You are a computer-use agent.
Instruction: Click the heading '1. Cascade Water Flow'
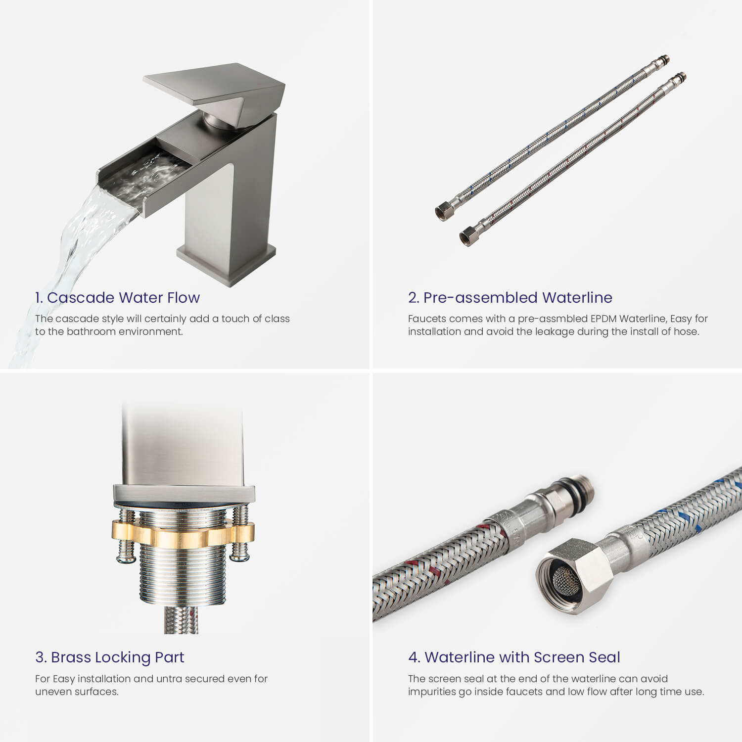(117, 297)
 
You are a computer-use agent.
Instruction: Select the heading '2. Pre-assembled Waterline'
(510, 297)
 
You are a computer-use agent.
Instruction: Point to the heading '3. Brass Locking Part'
(109, 657)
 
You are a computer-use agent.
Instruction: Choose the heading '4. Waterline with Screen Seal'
(514, 657)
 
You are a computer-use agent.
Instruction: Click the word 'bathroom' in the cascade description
(89, 331)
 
